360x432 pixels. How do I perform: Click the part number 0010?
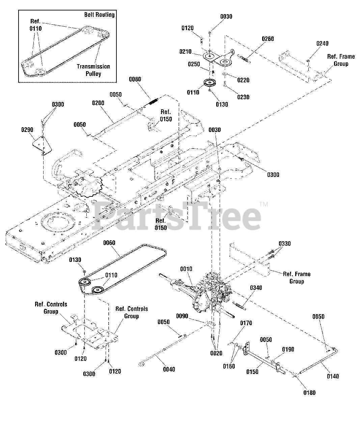click(186, 269)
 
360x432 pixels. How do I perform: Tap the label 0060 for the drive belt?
click(109, 243)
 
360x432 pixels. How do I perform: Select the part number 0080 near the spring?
click(135, 79)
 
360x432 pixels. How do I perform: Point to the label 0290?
click(27, 129)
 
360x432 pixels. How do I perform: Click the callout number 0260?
click(268, 39)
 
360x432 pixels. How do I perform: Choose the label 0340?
click(256, 288)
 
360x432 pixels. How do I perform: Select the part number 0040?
click(169, 370)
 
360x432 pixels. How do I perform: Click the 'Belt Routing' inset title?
click(99, 15)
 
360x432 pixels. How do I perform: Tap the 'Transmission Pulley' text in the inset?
click(93, 70)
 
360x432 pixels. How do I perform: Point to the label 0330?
click(284, 244)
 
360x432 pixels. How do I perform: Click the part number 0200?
click(98, 103)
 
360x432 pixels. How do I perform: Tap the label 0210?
click(185, 52)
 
